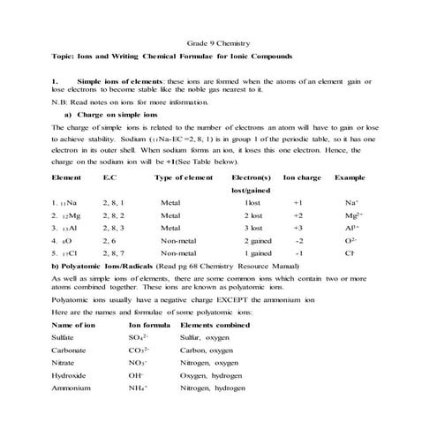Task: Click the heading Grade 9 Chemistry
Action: (x=218, y=41)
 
